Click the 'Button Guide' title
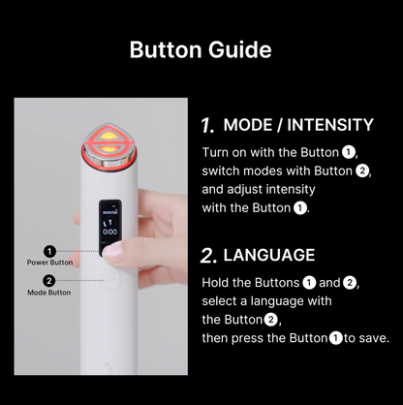click(x=201, y=49)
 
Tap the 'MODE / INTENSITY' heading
click(x=298, y=125)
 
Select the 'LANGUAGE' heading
click(x=269, y=255)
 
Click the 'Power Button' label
click(x=49, y=263)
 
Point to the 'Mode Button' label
click(x=49, y=293)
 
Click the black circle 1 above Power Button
click(x=49, y=251)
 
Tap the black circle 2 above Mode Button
click(x=49, y=281)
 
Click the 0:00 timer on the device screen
click(x=109, y=232)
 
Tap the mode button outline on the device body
click(x=109, y=280)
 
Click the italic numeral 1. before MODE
click(x=208, y=125)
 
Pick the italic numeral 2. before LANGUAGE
click(x=208, y=256)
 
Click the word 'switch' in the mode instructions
click(x=221, y=171)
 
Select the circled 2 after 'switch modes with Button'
click(x=361, y=171)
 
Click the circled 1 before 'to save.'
click(x=336, y=338)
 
